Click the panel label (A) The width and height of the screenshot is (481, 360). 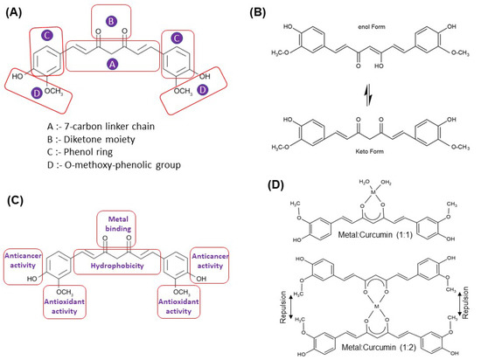(x=18, y=11)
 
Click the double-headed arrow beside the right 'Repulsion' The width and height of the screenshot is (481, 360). (x=462, y=310)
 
